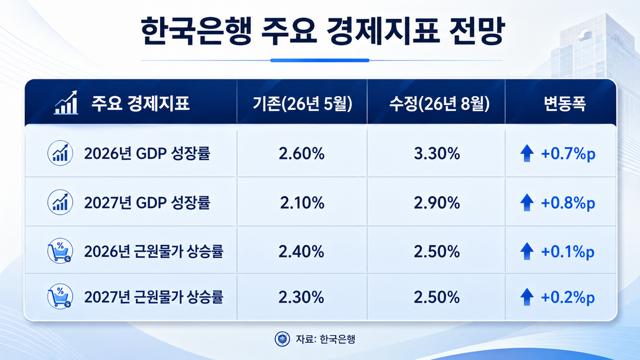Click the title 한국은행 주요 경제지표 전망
323,31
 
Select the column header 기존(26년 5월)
302,103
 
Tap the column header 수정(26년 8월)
439,103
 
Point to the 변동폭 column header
565,103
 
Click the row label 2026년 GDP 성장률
147,154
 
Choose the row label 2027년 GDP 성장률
147,203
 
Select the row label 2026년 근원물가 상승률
154,251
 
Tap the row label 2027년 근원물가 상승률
154,297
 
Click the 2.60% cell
302,154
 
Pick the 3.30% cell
437,154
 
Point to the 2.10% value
302,203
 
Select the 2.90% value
437,203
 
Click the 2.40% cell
302,251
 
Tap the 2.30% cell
302,297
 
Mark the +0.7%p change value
568,154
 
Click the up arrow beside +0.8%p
527,202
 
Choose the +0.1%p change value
568,252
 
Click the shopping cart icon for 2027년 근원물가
60,297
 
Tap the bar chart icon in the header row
66,103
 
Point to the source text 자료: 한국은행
325,339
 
